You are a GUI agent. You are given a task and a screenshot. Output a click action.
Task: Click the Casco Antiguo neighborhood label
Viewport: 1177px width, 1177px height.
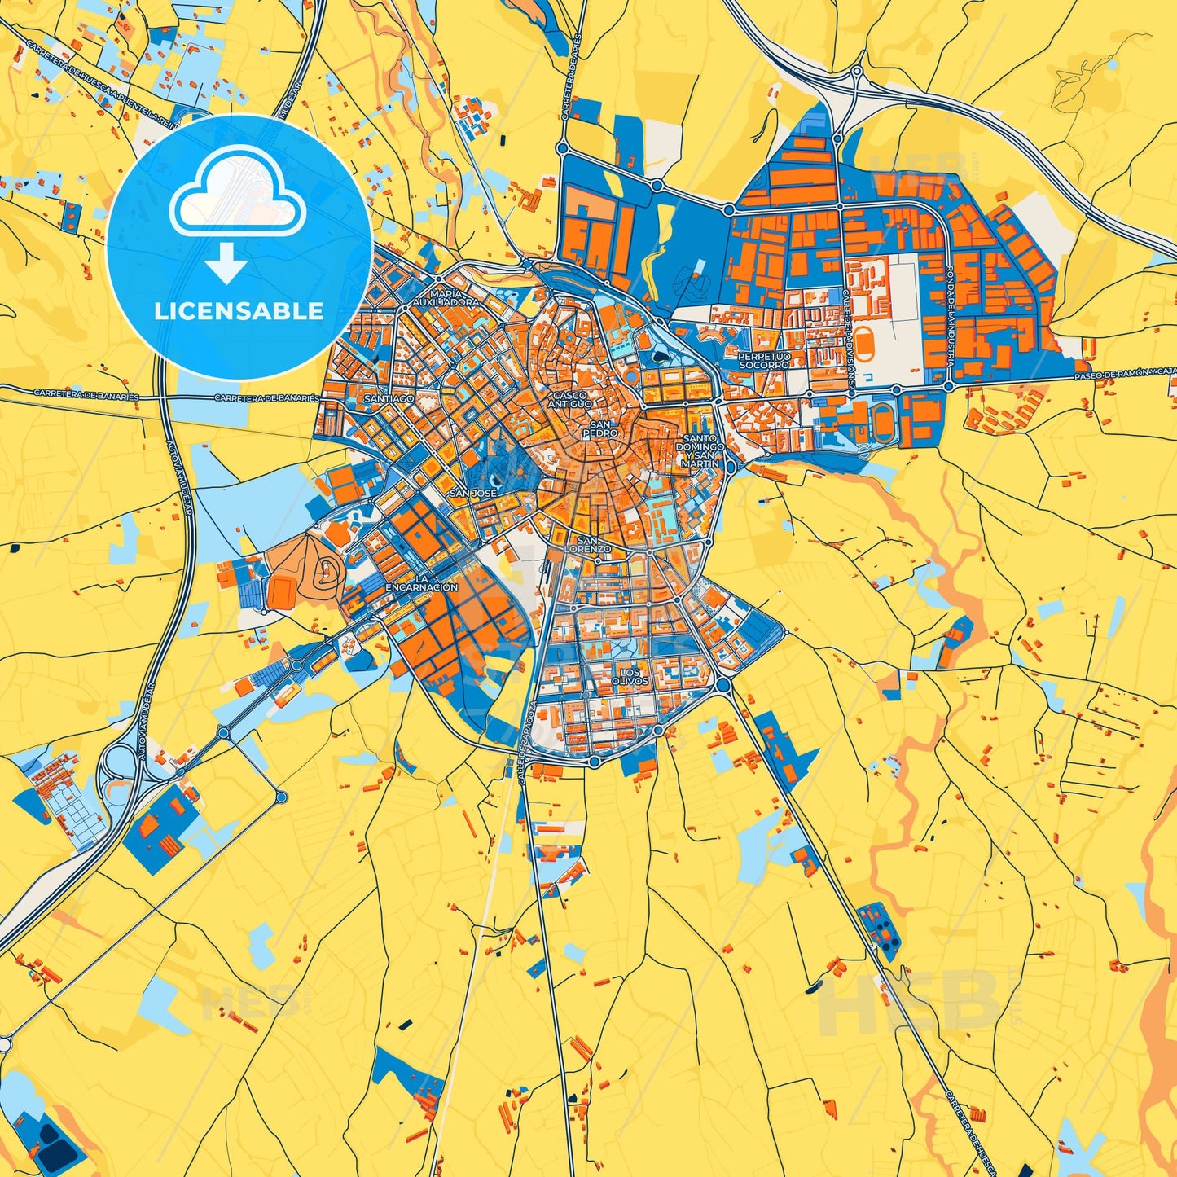pos(570,400)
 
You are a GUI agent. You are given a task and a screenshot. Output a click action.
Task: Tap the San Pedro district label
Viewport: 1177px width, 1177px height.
pos(599,430)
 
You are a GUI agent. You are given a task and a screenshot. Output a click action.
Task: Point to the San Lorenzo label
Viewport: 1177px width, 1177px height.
pos(593,545)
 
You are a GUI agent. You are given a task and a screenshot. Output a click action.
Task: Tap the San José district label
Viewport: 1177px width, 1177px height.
pos(472,494)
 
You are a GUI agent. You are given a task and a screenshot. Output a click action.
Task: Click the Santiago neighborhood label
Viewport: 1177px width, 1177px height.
pos(389,398)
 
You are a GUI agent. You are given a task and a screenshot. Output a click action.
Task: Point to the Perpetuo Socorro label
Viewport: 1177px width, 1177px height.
pos(764,361)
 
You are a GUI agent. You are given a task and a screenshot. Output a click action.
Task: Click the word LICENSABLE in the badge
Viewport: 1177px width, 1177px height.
pos(239,311)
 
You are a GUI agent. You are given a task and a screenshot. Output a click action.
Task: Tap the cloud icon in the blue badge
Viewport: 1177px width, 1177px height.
pos(237,192)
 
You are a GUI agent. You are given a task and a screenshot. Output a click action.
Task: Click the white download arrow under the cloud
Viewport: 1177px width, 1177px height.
pos(226,262)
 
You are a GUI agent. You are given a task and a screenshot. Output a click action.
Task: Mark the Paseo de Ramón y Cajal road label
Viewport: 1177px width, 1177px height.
pos(1124,373)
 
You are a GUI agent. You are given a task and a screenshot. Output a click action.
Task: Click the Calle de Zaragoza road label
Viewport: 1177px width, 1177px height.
pos(527,733)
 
